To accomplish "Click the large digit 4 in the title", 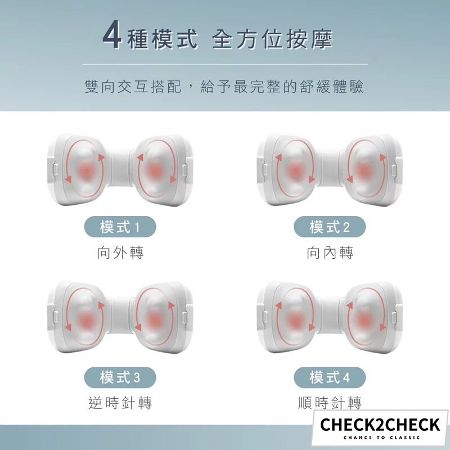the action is pyautogui.click(x=112, y=38).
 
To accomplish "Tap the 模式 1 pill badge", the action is pyautogui.click(x=120, y=227).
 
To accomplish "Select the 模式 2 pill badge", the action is pyautogui.click(x=330, y=227).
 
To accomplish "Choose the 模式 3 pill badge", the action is pyautogui.click(x=120, y=377).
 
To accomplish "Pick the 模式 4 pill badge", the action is pyautogui.click(x=330, y=377).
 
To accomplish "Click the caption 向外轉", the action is pyautogui.click(x=120, y=253).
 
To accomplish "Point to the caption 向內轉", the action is pyautogui.click(x=330, y=253).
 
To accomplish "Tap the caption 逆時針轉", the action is pyautogui.click(x=120, y=403).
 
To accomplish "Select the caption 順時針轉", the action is pyautogui.click(x=330, y=403).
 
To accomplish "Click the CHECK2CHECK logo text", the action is pyautogui.click(x=380, y=425).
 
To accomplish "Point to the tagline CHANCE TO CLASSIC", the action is pyautogui.click(x=382, y=438).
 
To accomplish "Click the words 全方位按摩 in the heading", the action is pyautogui.click(x=272, y=39).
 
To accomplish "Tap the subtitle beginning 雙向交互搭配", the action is pyautogui.click(x=224, y=87).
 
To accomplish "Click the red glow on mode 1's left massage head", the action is pyautogui.click(x=85, y=170).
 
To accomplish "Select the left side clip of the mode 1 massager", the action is pyautogui.click(x=55, y=170).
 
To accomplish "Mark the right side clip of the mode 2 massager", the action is pyautogui.click(x=395, y=170).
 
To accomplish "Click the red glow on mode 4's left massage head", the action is pyautogui.click(x=294, y=319).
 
